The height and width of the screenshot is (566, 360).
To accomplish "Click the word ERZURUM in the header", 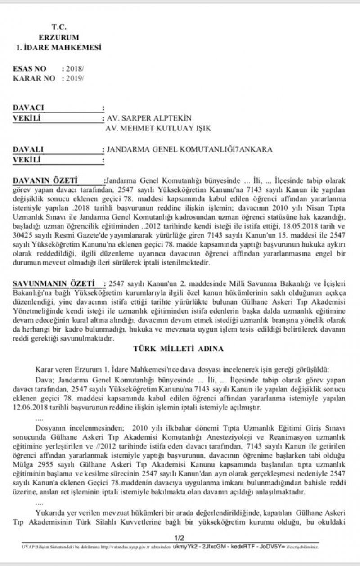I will [x=58, y=37].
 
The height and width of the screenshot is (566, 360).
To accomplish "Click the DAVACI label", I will [x=29, y=108].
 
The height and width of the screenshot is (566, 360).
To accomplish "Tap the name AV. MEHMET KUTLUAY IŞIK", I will [x=158, y=128].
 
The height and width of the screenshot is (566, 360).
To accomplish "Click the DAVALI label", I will [x=28, y=149].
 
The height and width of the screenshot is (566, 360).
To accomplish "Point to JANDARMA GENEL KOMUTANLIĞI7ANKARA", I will [x=189, y=149].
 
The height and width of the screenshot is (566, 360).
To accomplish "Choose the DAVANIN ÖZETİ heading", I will [x=41, y=180].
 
